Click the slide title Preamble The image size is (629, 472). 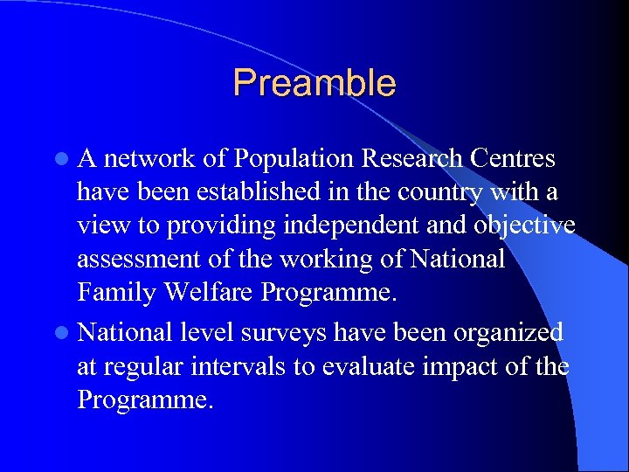point(314,83)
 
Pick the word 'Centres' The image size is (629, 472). point(512,159)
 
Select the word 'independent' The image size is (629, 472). point(349,226)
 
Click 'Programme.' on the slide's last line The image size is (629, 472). point(144,400)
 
